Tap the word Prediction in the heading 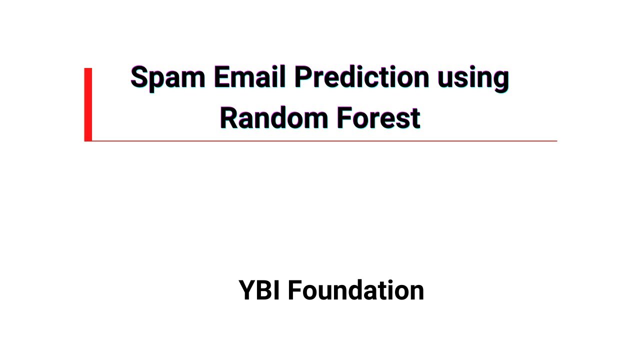[x=361, y=77]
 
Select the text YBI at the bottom [x=259, y=290]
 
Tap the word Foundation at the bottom [x=355, y=290]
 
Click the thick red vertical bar [x=88, y=104]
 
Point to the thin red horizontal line [x=325, y=141]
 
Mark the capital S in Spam [x=140, y=77]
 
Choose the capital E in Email [x=222, y=77]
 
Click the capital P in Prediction [x=303, y=77]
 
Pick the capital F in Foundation [x=295, y=290]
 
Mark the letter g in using [x=500, y=80]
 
